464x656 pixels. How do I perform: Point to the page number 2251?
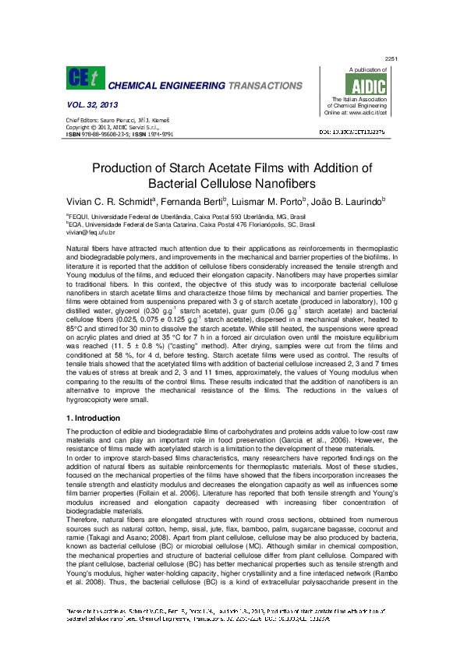tap(391, 59)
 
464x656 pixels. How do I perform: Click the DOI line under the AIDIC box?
tap(365, 133)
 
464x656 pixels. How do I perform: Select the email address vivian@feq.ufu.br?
tap(91, 232)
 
